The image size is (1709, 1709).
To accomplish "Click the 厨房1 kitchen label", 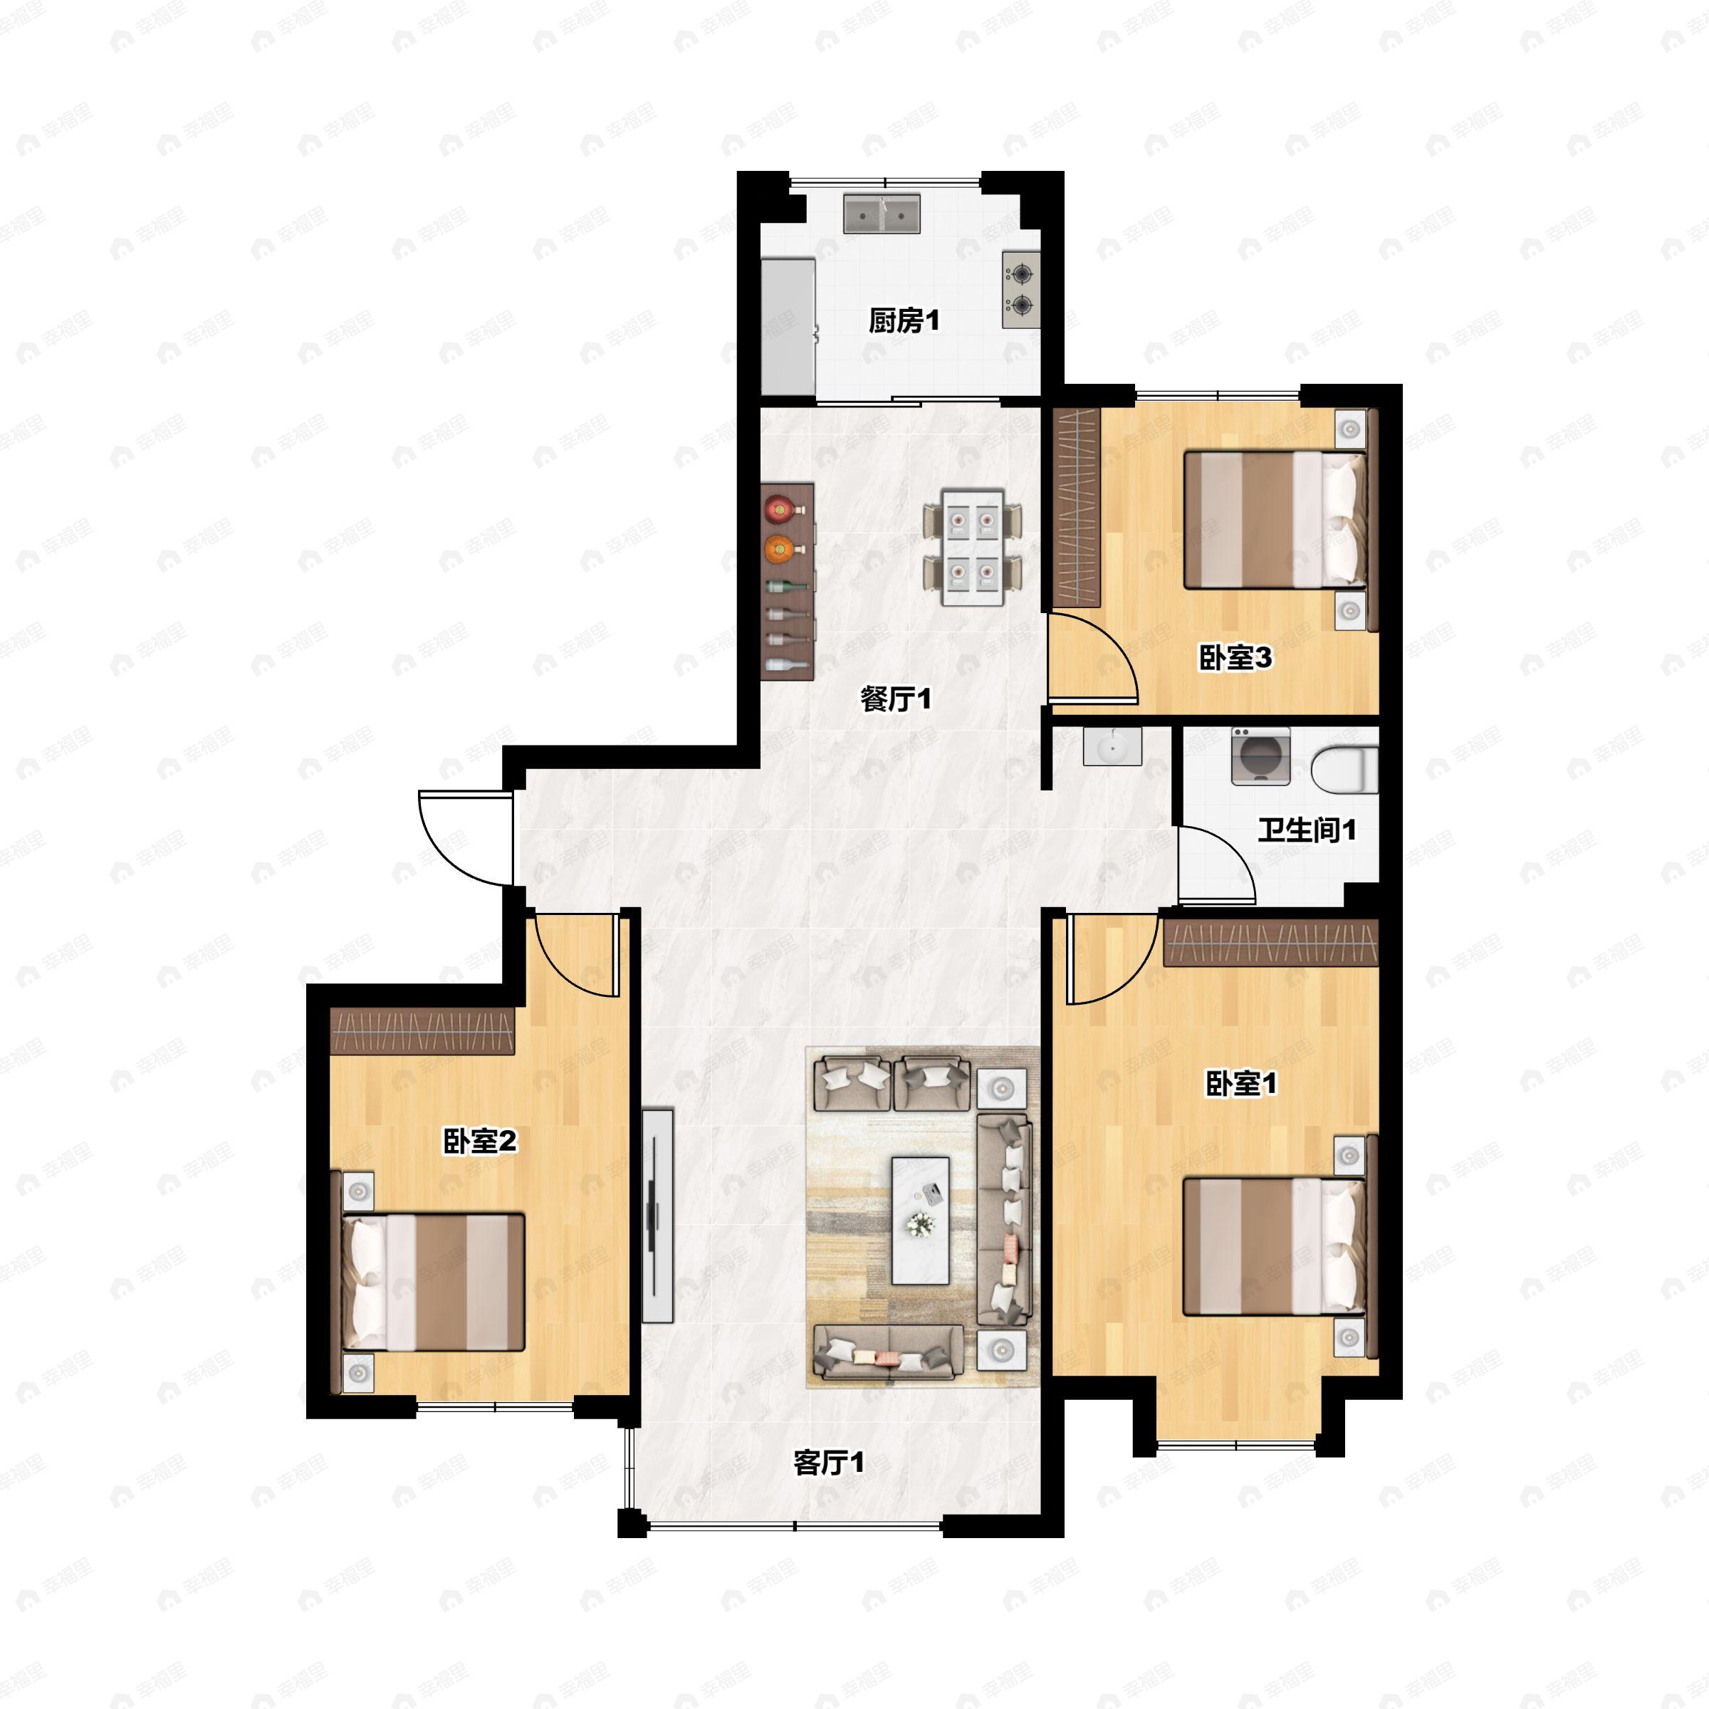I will click(903, 320).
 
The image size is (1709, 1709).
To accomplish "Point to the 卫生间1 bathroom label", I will click(1307, 830).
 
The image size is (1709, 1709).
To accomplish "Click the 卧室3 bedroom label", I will click(1235, 657).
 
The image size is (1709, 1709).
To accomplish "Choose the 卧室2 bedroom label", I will click(479, 1141).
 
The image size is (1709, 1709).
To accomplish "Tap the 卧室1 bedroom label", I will click(1241, 1084).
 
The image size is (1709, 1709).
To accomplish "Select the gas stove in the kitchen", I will click(1021, 289).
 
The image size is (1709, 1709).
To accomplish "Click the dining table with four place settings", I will click(972, 548).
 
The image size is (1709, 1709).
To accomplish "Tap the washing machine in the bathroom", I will click(1260, 756).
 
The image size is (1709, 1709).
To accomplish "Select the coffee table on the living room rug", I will click(920, 1220).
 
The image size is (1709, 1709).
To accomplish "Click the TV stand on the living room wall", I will click(657, 1216).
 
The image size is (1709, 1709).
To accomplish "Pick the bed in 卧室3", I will click(1275, 520).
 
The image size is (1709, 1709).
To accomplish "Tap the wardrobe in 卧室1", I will click(1270, 943).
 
